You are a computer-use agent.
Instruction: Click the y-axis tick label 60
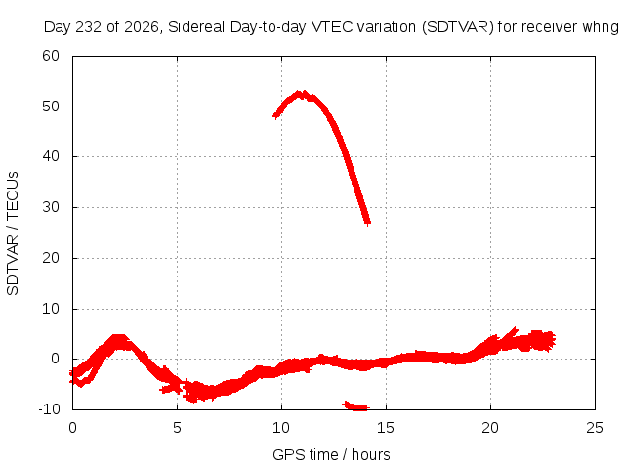coord(51,56)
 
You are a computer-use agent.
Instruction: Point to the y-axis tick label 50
coord(51,107)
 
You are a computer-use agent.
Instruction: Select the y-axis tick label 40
coord(51,156)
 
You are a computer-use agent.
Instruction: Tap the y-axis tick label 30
coord(51,207)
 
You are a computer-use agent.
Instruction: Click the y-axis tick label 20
coord(51,258)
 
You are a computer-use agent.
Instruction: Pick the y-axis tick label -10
coord(49,409)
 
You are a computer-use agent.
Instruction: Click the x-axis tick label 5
coord(177,428)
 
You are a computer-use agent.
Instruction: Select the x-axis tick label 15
coord(386,428)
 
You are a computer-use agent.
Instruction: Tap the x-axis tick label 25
coord(595,428)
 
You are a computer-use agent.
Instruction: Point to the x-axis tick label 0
coord(72,428)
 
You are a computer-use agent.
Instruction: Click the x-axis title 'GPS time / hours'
coord(331,454)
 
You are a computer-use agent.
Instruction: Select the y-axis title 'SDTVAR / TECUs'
coord(13,234)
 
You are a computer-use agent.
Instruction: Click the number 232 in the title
coord(88,27)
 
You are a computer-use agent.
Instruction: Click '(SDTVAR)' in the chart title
coord(458,27)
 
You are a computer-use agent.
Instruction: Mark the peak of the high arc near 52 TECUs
coord(302,94)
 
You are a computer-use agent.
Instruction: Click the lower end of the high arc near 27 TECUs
coord(367,222)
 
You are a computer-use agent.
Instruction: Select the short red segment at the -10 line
coord(355,406)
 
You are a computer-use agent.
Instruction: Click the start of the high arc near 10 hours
coord(275,115)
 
